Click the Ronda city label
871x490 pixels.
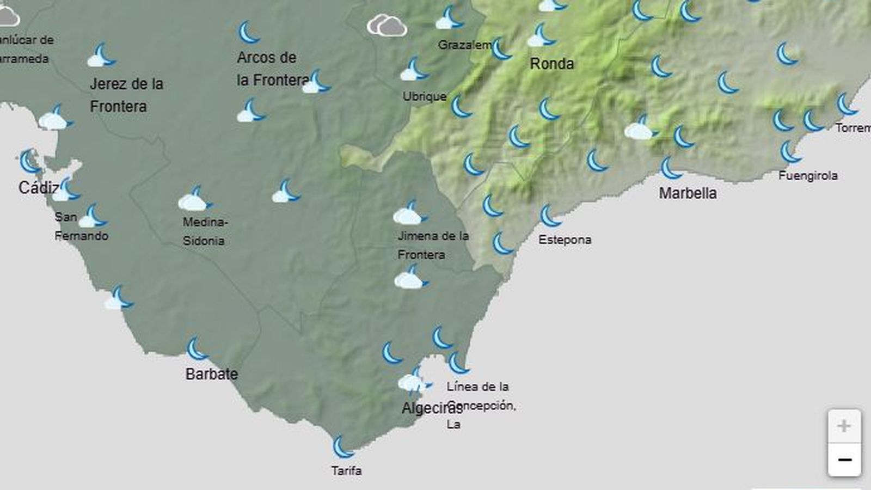point(551,64)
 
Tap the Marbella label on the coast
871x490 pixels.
point(688,193)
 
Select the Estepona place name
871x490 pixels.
point(565,240)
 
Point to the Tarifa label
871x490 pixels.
point(346,470)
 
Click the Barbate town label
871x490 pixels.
point(211,374)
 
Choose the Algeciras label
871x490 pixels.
point(431,408)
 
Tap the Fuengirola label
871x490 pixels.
point(808,176)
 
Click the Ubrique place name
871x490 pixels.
point(425,96)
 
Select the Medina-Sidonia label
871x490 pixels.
point(204,231)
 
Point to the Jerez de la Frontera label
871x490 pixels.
point(126,95)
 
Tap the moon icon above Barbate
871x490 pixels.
point(197,349)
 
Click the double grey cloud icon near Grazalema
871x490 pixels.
point(387,25)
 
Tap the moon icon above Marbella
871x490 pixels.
point(671,168)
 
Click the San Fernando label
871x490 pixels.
point(81,226)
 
